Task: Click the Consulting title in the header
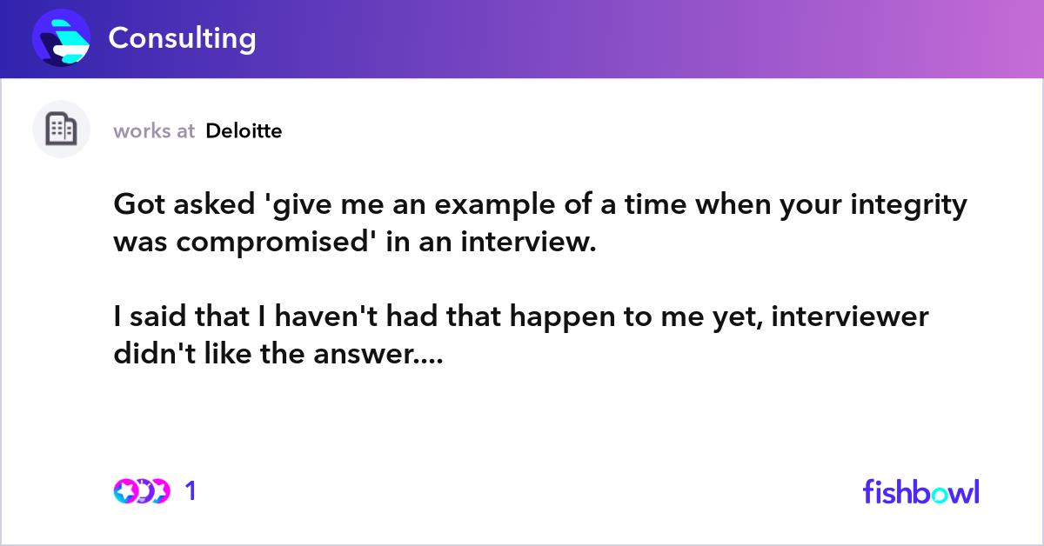coord(182,38)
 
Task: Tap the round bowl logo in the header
coord(61,37)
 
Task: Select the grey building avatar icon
coord(61,129)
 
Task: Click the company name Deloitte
coord(244,131)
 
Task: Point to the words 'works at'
coord(154,131)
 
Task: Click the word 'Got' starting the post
coord(139,204)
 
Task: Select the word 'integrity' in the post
coord(908,205)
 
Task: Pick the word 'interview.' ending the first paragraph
coord(529,242)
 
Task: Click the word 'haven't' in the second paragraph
coord(326,316)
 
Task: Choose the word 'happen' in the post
coord(563,317)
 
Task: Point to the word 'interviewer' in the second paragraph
coord(850,316)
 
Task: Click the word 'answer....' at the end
coord(378,354)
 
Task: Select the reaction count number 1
coord(191,491)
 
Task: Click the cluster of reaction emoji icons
coord(142,491)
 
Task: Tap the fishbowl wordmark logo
coord(921,491)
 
